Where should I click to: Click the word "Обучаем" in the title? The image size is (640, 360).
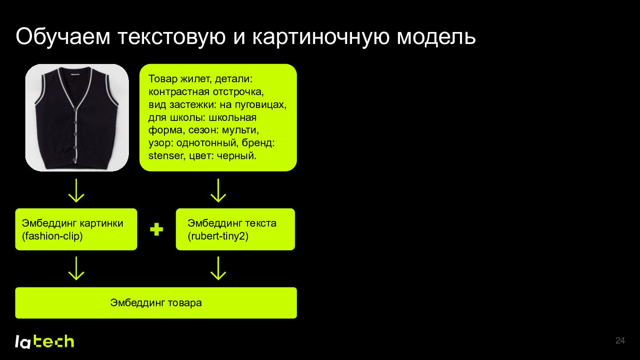63,36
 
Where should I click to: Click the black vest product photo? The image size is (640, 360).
77,117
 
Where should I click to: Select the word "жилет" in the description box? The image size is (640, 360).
196,79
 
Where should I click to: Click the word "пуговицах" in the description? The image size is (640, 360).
260,104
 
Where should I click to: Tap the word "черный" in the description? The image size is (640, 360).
236,156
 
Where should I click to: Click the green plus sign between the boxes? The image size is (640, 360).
156,229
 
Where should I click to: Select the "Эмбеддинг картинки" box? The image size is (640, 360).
76,229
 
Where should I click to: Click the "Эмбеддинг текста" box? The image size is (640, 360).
236,229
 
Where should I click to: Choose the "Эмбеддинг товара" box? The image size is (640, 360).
156,303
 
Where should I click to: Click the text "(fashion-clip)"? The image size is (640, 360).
52,236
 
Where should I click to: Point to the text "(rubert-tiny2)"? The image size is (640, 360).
218,236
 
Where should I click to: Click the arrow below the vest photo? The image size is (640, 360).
76,191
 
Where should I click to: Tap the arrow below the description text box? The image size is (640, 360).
218,191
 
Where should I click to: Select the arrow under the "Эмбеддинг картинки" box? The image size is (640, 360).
76,268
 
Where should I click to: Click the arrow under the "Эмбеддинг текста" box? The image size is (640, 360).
218,268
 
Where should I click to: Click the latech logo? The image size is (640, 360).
44,341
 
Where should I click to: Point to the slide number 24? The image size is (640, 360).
620,340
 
